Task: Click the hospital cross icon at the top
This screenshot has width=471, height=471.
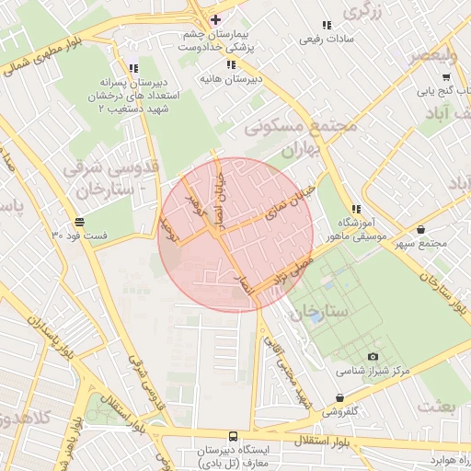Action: click(215, 19)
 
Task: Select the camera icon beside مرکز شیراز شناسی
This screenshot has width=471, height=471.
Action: click(372, 356)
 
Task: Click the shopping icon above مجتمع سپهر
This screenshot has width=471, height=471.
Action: click(421, 229)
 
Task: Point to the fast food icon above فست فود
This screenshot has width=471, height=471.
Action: click(80, 222)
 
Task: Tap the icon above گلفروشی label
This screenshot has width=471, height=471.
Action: click(341, 398)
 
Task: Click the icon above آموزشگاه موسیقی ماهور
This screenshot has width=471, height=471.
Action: click(355, 209)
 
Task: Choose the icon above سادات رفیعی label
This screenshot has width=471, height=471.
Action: click(326, 26)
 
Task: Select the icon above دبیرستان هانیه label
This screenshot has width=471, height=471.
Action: click(232, 64)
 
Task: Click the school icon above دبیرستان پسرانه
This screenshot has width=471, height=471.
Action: click(134, 68)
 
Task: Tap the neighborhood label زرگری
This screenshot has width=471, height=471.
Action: click(362, 11)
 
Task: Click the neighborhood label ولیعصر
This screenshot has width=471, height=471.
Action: click(446, 54)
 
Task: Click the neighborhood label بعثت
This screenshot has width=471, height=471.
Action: click(436, 405)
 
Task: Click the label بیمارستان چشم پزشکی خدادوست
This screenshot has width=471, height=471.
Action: click(219, 40)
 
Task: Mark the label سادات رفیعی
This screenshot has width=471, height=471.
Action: click(326, 40)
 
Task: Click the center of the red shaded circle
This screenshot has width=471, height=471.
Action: click(235, 235)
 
